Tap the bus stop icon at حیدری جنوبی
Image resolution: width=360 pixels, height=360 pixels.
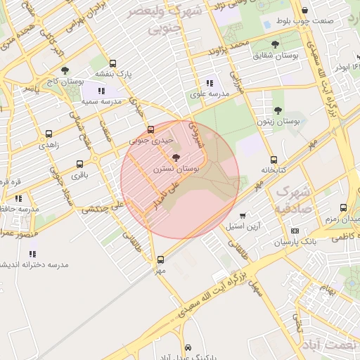click(150, 129)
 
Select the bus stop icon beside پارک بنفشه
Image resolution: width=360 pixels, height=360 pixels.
click(113, 63)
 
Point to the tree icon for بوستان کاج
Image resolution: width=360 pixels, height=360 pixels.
click(65, 70)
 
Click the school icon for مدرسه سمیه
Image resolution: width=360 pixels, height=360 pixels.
click(102, 91)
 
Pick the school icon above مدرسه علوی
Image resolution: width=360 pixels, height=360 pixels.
click(214, 84)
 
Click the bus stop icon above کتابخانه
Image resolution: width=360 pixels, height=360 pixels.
click(274, 160)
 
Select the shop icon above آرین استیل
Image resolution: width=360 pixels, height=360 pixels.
click(243, 216)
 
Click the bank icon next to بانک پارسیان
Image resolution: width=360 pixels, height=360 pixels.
click(294, 231)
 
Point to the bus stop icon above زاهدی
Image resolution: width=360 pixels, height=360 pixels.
click(49, 133)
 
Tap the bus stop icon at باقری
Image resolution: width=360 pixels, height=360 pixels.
click(79, 165)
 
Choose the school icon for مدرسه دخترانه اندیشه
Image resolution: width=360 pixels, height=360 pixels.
click(32, 253)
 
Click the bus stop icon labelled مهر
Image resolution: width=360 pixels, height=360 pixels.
click(161, 259)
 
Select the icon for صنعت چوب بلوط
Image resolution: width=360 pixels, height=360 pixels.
click(304, 11)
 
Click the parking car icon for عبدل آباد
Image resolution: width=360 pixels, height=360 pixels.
click(188, 347)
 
